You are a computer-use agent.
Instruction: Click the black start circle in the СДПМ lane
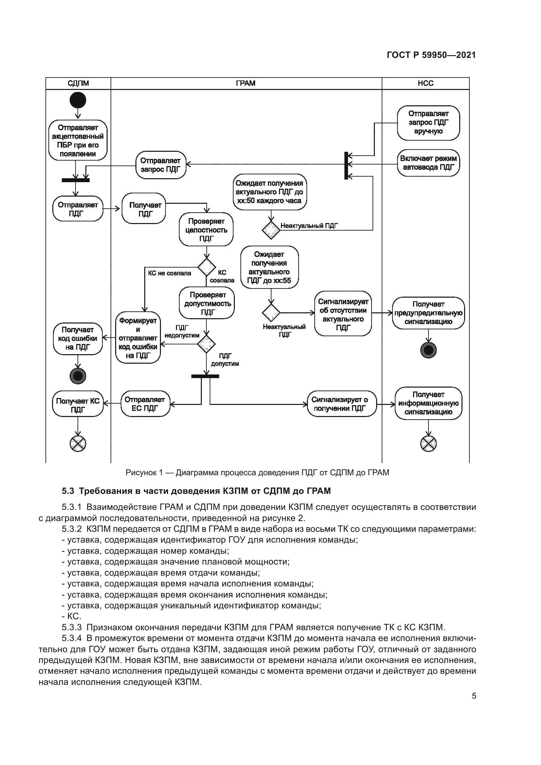(78, 100)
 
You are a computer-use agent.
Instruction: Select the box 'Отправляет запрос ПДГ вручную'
(428, 123)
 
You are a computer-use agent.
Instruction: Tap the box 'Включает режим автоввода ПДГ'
(428, 163)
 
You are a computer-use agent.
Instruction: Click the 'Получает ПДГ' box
(144, 209)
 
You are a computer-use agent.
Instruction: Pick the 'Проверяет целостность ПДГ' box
(206, 230)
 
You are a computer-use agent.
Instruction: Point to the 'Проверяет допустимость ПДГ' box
(207, 303)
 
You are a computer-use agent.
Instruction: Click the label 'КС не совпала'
(169, 273)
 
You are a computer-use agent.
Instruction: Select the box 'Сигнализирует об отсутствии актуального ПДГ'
(343, 314)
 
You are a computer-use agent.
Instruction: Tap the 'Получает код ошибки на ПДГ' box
(78, 339)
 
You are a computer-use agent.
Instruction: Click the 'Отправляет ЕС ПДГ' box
(145, 404)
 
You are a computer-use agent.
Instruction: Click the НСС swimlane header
(426, 83)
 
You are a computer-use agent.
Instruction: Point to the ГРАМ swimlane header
(246, 83)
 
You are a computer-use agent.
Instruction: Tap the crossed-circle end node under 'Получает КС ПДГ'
(78, 443)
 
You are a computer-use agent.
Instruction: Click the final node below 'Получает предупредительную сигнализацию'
(428, 350)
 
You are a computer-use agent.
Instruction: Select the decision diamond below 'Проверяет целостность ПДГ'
(206, 267)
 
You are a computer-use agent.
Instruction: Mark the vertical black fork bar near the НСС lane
(346, 165)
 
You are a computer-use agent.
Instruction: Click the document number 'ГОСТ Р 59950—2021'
(431, 55)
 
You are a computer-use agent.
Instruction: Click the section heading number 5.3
(68, 491)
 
